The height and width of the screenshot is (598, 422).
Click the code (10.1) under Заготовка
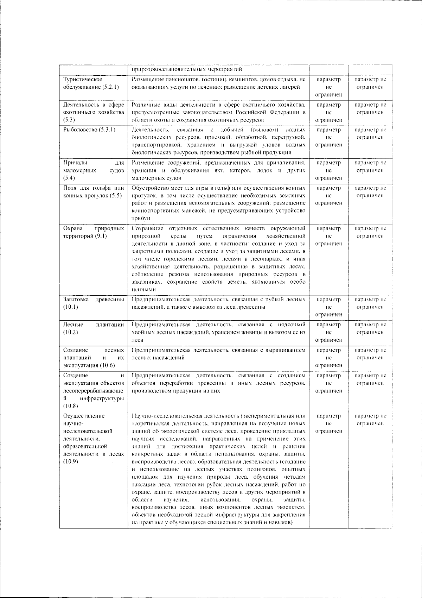pyautogui.click(x=71, y=307)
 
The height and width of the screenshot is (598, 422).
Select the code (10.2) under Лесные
pyautogui.click(x=71, y=332)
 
